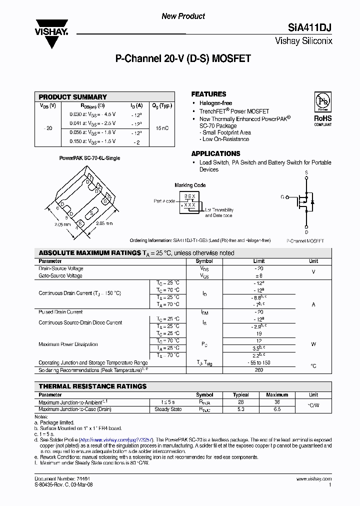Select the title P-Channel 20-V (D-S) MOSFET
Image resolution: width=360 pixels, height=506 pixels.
183,59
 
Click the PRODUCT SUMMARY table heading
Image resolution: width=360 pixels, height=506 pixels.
72,97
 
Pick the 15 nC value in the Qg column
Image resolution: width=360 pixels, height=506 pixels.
162,128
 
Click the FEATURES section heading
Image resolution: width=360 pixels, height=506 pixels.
208,94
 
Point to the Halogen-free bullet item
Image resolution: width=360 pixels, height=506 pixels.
215,103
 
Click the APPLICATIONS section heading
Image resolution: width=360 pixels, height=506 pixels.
215,153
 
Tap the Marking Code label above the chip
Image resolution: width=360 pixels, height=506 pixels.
189,185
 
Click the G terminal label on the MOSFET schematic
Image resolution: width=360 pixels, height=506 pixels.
282,197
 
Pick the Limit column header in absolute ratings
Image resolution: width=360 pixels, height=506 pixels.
259,261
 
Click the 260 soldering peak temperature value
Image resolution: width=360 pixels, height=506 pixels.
259,370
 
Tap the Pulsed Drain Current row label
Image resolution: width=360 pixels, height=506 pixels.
60,312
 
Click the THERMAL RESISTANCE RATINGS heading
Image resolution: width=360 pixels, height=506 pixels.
92,386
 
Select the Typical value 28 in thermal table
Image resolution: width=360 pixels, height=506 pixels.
240,402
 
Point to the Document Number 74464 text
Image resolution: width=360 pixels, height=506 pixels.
56,479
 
